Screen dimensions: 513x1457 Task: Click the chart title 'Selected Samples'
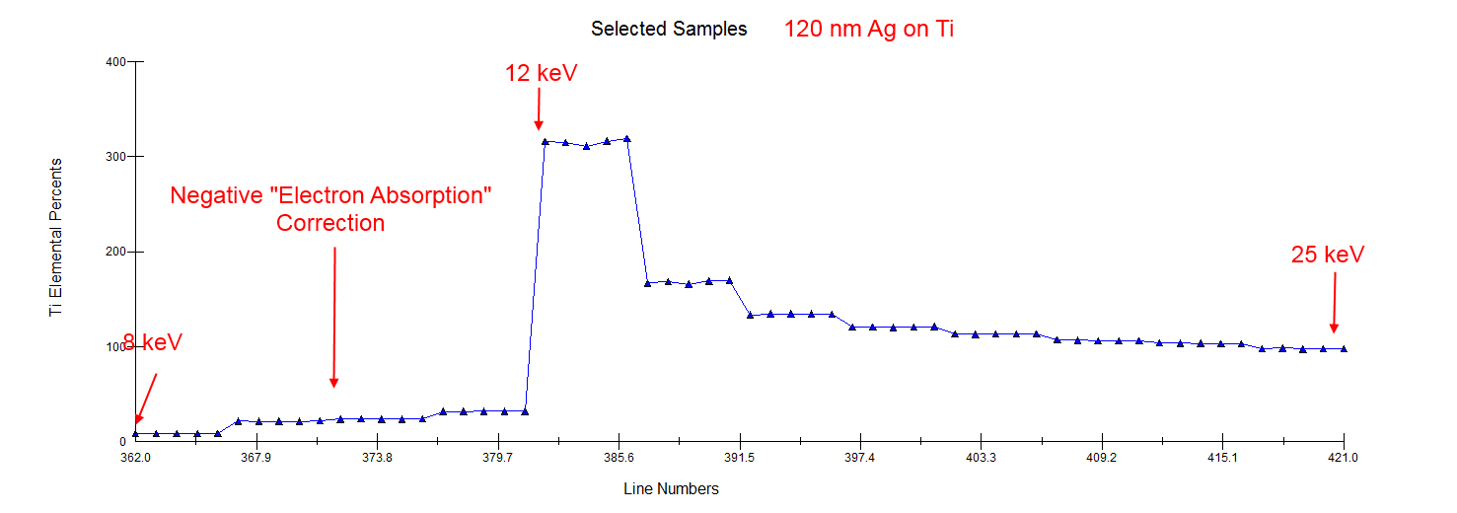[x=669, y=29]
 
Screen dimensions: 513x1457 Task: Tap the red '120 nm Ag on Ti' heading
[x=869, y=29]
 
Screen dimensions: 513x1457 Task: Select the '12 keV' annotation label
[x=541, y=73]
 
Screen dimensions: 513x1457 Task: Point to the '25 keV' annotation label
[x=1328, y=255]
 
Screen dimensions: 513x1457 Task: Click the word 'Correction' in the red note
[x=330, y=223]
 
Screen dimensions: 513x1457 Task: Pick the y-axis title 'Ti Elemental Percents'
[x=56, y=237]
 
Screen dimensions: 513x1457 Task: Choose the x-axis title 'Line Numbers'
[x=671, y=488]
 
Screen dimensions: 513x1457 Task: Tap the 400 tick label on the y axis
[x=115, y=62]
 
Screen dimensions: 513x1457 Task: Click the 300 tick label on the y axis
[x=115, y=157]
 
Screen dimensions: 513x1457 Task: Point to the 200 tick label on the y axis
[x=115, y=252]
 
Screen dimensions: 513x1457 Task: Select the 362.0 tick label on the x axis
[x=135, y=458]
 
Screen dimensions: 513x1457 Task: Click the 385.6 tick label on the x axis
[x=619, y=458]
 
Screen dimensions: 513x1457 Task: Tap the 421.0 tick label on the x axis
[x=1344, y=458]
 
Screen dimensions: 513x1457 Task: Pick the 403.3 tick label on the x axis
[x=981, y=458]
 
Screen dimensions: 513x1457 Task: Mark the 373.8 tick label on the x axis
[x=377, y=458]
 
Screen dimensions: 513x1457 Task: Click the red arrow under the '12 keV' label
[x=539, y=109]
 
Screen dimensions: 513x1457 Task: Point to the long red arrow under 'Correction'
[x=334, y=316]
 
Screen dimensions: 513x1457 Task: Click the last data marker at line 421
[x=1344, y=349]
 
